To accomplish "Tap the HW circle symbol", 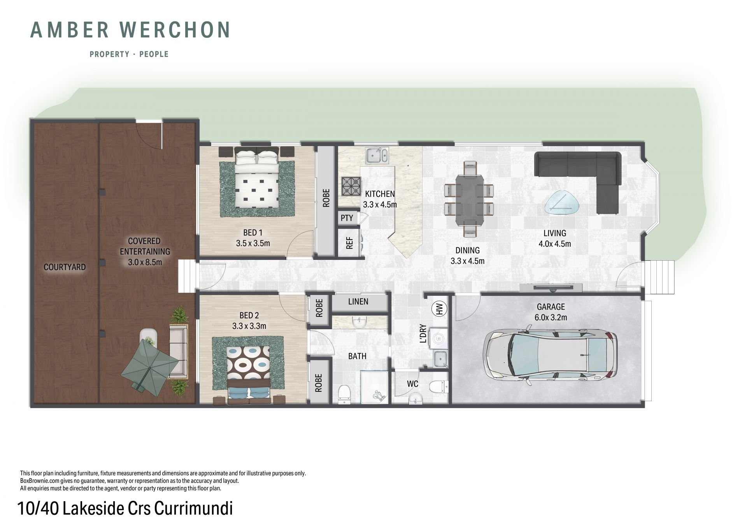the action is pyautogui.click(x=440, y=309).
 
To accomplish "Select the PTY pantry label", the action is pyautogui.click(x=347, y=218).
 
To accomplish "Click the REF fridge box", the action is pyautogui.click(x=349, y=242).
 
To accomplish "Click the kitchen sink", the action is pyautogui.click(x=376, y=156).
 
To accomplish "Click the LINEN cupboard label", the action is pyautogui.click(x=358, y=302).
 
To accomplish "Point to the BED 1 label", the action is pyautogui.click(x=253, y=233).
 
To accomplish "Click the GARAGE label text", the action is pyautogui.click(x=551, y=307).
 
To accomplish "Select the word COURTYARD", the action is pyautogui.click(x=65, y=267).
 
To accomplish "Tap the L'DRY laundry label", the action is pyautogui.click(x=423, y=333).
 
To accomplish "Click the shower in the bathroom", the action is pyautogui.click(x=374, y=387).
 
